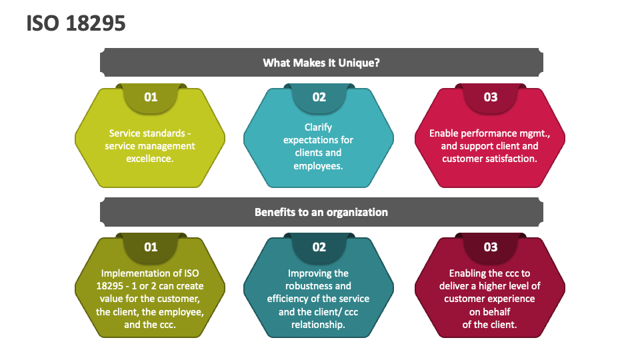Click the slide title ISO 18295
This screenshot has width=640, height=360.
coord(76,23)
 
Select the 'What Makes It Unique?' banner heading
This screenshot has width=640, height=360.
coord(321,63)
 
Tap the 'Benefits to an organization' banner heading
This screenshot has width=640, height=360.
coord(321,212)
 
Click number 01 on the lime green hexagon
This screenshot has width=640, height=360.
coord(151,97)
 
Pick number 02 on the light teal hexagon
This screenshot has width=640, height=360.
coord(319,97)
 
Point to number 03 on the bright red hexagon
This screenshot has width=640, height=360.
coord(490,97)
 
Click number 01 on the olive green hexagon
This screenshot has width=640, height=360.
coord(151,247)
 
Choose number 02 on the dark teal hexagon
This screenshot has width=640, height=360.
coord(319,247)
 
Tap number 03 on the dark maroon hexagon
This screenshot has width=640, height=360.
coord(490,247)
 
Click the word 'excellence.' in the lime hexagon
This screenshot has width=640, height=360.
coord(150,159)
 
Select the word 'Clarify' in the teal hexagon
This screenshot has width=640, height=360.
coord(318,127)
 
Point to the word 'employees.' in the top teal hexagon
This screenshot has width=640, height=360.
coord(318,165)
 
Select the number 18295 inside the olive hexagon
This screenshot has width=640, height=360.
coord(113,286)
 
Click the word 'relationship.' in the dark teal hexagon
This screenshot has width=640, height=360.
coord(318,325)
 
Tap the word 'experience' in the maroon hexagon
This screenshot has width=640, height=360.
coord(511,299)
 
